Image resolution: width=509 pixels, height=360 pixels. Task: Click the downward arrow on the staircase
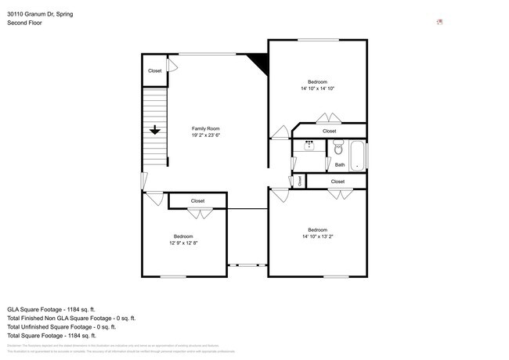pos(155,131)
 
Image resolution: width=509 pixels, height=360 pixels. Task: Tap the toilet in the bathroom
pos(338,148)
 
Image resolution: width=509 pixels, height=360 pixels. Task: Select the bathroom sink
pos(310,146)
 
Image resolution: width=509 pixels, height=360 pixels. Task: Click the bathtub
pos(357,155)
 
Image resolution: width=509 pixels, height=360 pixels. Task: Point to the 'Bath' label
pos(339,165)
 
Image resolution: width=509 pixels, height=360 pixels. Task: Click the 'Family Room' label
pos(206,128)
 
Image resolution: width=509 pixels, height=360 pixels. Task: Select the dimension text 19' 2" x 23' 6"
pos(206,135)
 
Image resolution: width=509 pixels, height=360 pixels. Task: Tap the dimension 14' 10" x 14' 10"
pos(317,88)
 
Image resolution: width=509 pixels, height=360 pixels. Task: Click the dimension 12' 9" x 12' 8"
pos(183,243)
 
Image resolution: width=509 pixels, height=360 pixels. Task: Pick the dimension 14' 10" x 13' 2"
pos(317,236)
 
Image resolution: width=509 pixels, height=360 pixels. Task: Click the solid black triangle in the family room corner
pos(258,62)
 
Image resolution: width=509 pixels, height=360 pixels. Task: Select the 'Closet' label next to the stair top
pos(155,71)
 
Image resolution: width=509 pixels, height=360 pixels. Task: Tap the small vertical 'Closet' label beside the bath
pos(300,181)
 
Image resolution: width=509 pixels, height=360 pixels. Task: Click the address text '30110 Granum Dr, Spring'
pos(41,13)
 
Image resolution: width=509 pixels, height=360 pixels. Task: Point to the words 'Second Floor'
pos(24,23)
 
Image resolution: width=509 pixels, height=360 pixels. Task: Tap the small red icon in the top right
pos(439,22)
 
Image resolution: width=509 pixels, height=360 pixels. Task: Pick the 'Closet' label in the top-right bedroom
pos(329,131)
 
